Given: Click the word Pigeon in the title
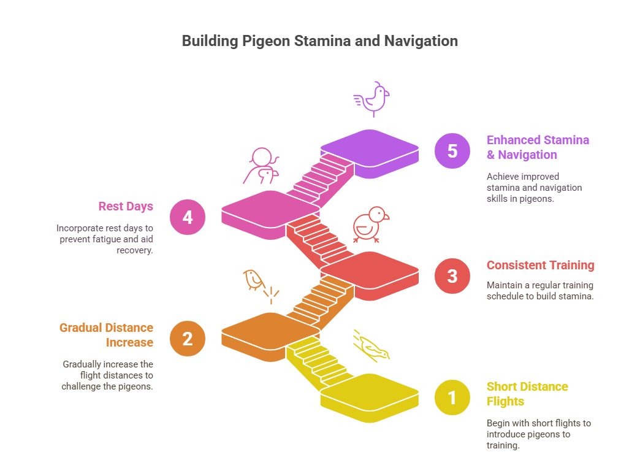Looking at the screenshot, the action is tap(266, 41).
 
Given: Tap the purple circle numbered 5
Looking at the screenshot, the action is tap(452, 151).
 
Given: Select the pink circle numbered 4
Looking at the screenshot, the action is tap(188, 217).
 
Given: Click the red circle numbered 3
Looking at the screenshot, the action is tap(452, 275).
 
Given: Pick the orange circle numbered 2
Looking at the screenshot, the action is tap(188, 338).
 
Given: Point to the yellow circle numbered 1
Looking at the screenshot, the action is tap(452, 397).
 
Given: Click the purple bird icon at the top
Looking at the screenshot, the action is tap(372, 99).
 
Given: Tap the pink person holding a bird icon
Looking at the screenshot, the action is tap(261, 166).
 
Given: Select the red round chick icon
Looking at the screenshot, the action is tap(371, 225).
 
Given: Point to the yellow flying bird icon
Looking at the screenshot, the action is tap(371, 346).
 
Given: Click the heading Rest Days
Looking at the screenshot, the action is tap(126, 206).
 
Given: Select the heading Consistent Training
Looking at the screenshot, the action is tap(541, 265).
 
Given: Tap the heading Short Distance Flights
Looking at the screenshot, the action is tap(527, 394).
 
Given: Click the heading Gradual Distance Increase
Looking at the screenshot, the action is tap(106, 335).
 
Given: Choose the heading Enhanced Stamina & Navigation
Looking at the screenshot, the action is tap(538, 147).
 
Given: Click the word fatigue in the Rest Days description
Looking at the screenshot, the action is tap(98, 239).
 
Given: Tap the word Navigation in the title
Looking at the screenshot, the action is tap(421, 41).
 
